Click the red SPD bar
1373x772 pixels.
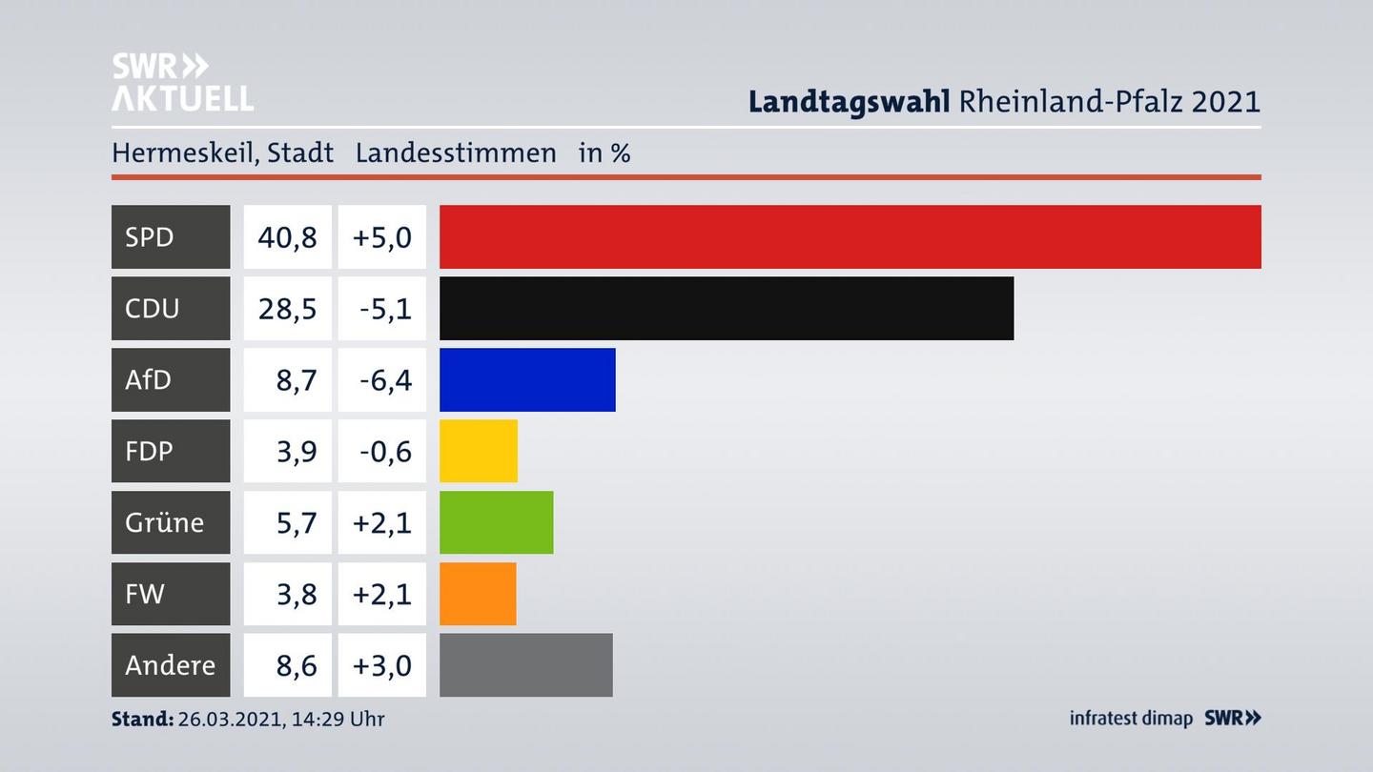(850, 236)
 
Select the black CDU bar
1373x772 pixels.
(726, 308)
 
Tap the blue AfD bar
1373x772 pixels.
(526, 379)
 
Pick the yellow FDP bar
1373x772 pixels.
(478, 451)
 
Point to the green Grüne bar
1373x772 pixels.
(496, 522)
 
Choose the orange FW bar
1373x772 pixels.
(477, 594)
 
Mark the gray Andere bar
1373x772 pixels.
(525, 665)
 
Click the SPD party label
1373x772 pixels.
(150, 236)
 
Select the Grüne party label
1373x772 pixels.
(164, 522)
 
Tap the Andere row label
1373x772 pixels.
(170, 665)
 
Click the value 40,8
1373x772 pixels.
(287, 236)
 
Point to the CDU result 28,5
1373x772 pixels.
(287, 308)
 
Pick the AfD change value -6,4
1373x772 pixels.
(385, 379)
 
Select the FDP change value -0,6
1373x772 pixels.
(385, 451)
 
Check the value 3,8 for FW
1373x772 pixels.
(296, 594)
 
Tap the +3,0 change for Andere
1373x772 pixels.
(381, 665)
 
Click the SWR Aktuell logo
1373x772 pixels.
(181, 82)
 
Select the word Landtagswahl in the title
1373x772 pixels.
(849, 101)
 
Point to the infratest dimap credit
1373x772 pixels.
(1131, 719)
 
